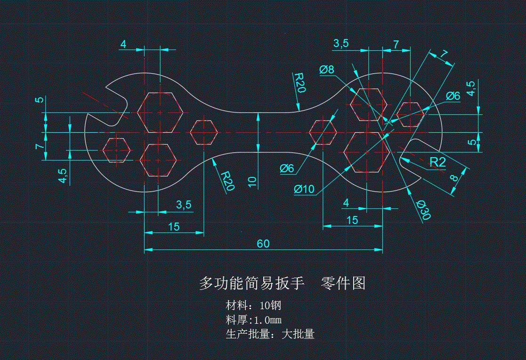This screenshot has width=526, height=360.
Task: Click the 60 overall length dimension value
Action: point(263,243)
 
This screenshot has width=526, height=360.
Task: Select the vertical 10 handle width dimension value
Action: point(252,182)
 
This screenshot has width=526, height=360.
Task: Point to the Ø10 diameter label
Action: point(304,189)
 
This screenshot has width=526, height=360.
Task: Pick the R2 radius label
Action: point(437,162)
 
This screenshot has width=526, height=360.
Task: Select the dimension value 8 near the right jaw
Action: point(453,178)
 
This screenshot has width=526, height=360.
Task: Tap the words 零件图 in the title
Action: point(343,283)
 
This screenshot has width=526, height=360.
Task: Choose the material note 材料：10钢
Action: point(253,305)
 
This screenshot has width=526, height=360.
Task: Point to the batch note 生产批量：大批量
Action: point(270,335)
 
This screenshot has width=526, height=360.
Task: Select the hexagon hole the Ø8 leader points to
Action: point(368,104)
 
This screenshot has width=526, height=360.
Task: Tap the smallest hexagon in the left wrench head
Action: point(116,150)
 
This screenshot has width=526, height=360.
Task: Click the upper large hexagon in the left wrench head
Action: point(160,112)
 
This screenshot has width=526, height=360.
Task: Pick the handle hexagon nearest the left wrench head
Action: point(203,132)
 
